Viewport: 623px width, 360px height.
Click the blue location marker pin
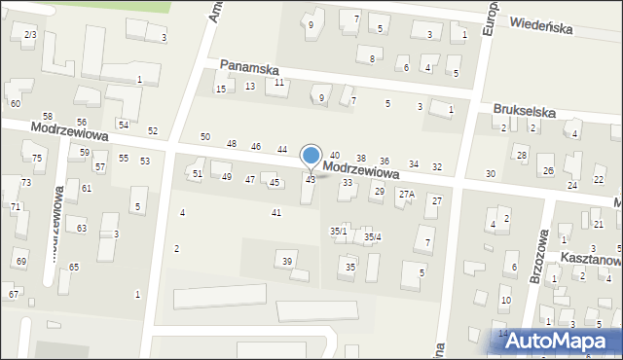coord(311,157)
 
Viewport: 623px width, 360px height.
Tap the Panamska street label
coord(249,68)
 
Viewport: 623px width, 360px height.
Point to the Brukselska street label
coord(524,112)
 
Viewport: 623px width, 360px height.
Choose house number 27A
coord(406,194)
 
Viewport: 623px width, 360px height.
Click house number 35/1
coord(338,231)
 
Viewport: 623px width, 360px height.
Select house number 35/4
coord(372,236)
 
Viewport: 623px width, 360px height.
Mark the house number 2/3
coord(29,35)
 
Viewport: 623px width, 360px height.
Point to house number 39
coord(287,261)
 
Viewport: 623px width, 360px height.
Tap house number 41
coord(276,212)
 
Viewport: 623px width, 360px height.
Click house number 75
coord(37,158)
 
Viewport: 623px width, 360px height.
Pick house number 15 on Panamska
coord(221,90)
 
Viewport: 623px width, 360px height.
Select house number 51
coord(197,173)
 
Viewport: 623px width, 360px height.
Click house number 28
coord(522,156)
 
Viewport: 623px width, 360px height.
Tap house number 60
coord(15,103)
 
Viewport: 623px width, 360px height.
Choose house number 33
coord(347,183)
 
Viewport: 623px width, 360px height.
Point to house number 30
coord(491,173)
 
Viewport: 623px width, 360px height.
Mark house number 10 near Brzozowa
coord(505,300)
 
